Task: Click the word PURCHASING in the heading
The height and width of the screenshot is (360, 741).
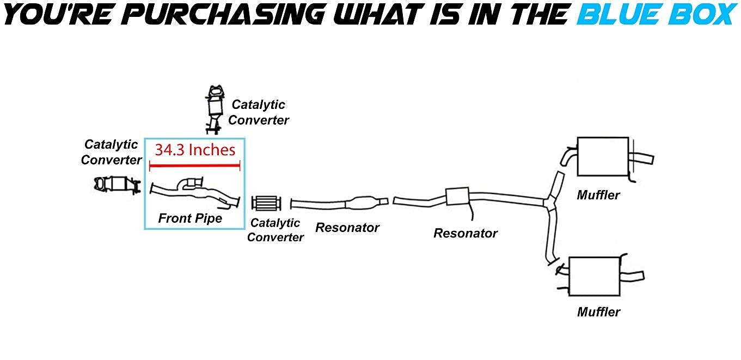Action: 207,15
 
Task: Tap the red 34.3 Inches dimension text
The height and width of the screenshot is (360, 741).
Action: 195,150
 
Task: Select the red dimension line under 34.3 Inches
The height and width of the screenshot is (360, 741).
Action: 194,167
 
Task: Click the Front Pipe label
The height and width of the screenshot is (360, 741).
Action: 190,218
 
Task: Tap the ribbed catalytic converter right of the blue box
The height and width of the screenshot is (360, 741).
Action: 266,204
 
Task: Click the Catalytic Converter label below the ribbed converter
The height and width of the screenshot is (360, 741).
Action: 275,230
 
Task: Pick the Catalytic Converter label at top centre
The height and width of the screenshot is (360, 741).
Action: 259,112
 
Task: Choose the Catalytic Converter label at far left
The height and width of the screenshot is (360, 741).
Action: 111,152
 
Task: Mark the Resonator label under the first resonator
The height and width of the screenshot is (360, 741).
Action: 347,228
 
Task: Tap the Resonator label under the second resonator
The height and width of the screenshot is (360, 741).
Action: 466,233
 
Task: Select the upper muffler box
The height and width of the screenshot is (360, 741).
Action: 602,156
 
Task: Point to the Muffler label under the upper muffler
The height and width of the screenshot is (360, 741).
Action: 598,194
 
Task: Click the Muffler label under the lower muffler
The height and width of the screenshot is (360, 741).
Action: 598,312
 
